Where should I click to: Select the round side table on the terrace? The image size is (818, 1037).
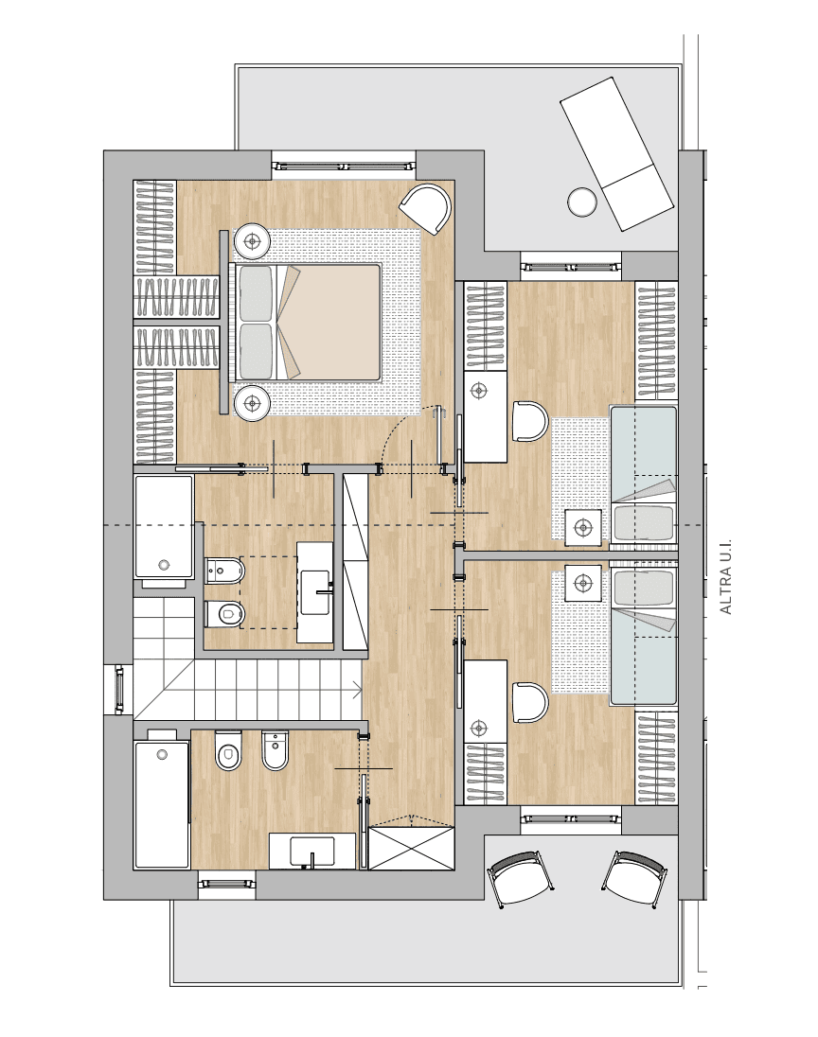[581, 202]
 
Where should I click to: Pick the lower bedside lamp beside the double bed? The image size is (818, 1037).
[252, 401]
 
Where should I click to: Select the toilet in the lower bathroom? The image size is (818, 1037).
[228, 750]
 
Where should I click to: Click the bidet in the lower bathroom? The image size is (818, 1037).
[275, 750]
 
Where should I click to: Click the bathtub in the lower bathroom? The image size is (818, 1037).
[162, 804]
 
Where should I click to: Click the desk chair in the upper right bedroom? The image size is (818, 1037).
[530, 421]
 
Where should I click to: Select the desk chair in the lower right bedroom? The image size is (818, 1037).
[530, 703]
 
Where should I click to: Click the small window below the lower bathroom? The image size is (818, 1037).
[226, 882]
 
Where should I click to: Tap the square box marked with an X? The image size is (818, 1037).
[410, 848]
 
